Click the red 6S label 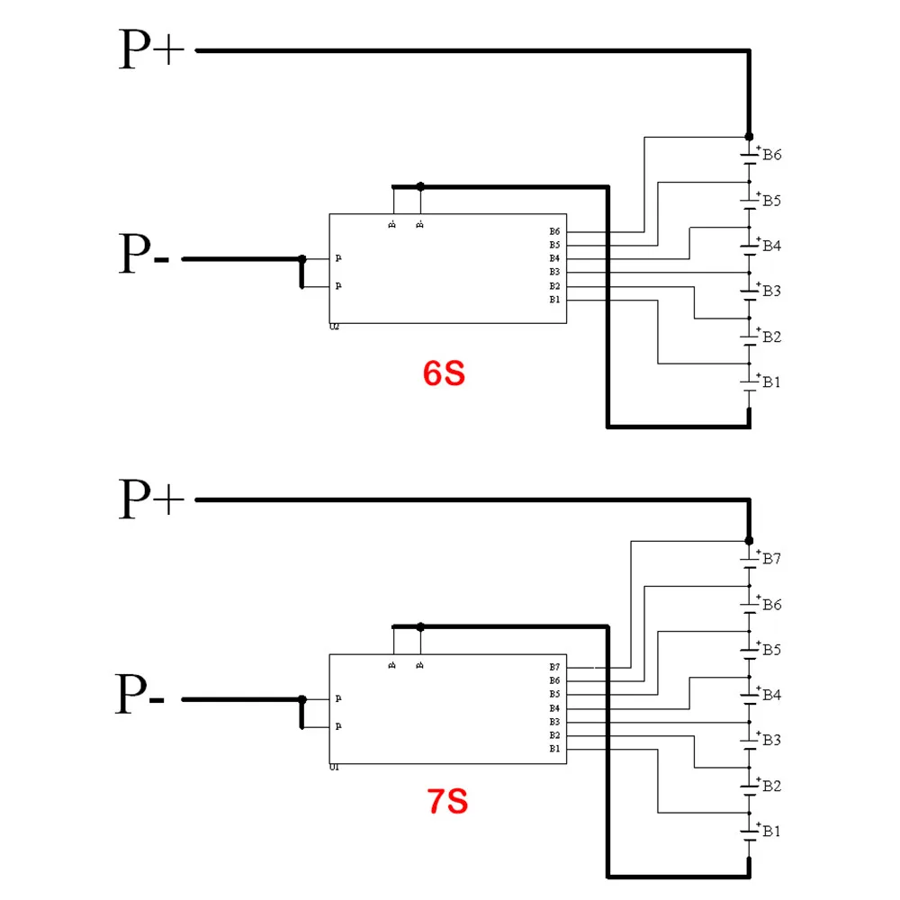pyautogui.click(x=444, y=373)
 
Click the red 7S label pyautogui.click(x=446, y=800)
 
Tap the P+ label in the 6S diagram pyautogui.click(x=151, y=50)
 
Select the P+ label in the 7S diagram pyautogui.click(x=151, y=499)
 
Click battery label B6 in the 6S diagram pyautogui.click(x=772, y=155)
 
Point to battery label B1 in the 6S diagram pyautogui.click(x=772, y=382)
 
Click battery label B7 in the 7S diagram pyautogui.click(x=772, y=559)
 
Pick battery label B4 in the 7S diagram pyautogui.click(x=772, y=695)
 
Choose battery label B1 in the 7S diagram pyautogui.click(x=772, y=831)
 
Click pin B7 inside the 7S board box pyautogui.click(x=554, y=667)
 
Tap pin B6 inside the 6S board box pyautogui.click(x=554, y=232)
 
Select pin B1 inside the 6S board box pyautogui.click(x=554, y=300)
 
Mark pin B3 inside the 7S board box pyautogui.click(x=554, y=722)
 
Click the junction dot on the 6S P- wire pyautogui.click(x=302, y=259)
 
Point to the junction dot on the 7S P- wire pyautogui.click(x=302, y=699)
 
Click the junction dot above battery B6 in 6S pyautogui.click(x=749, y=136)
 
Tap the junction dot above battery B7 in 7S pyautogui.click(x=749, y=540)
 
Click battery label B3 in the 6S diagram pyautogui.click(x=772, y=291)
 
